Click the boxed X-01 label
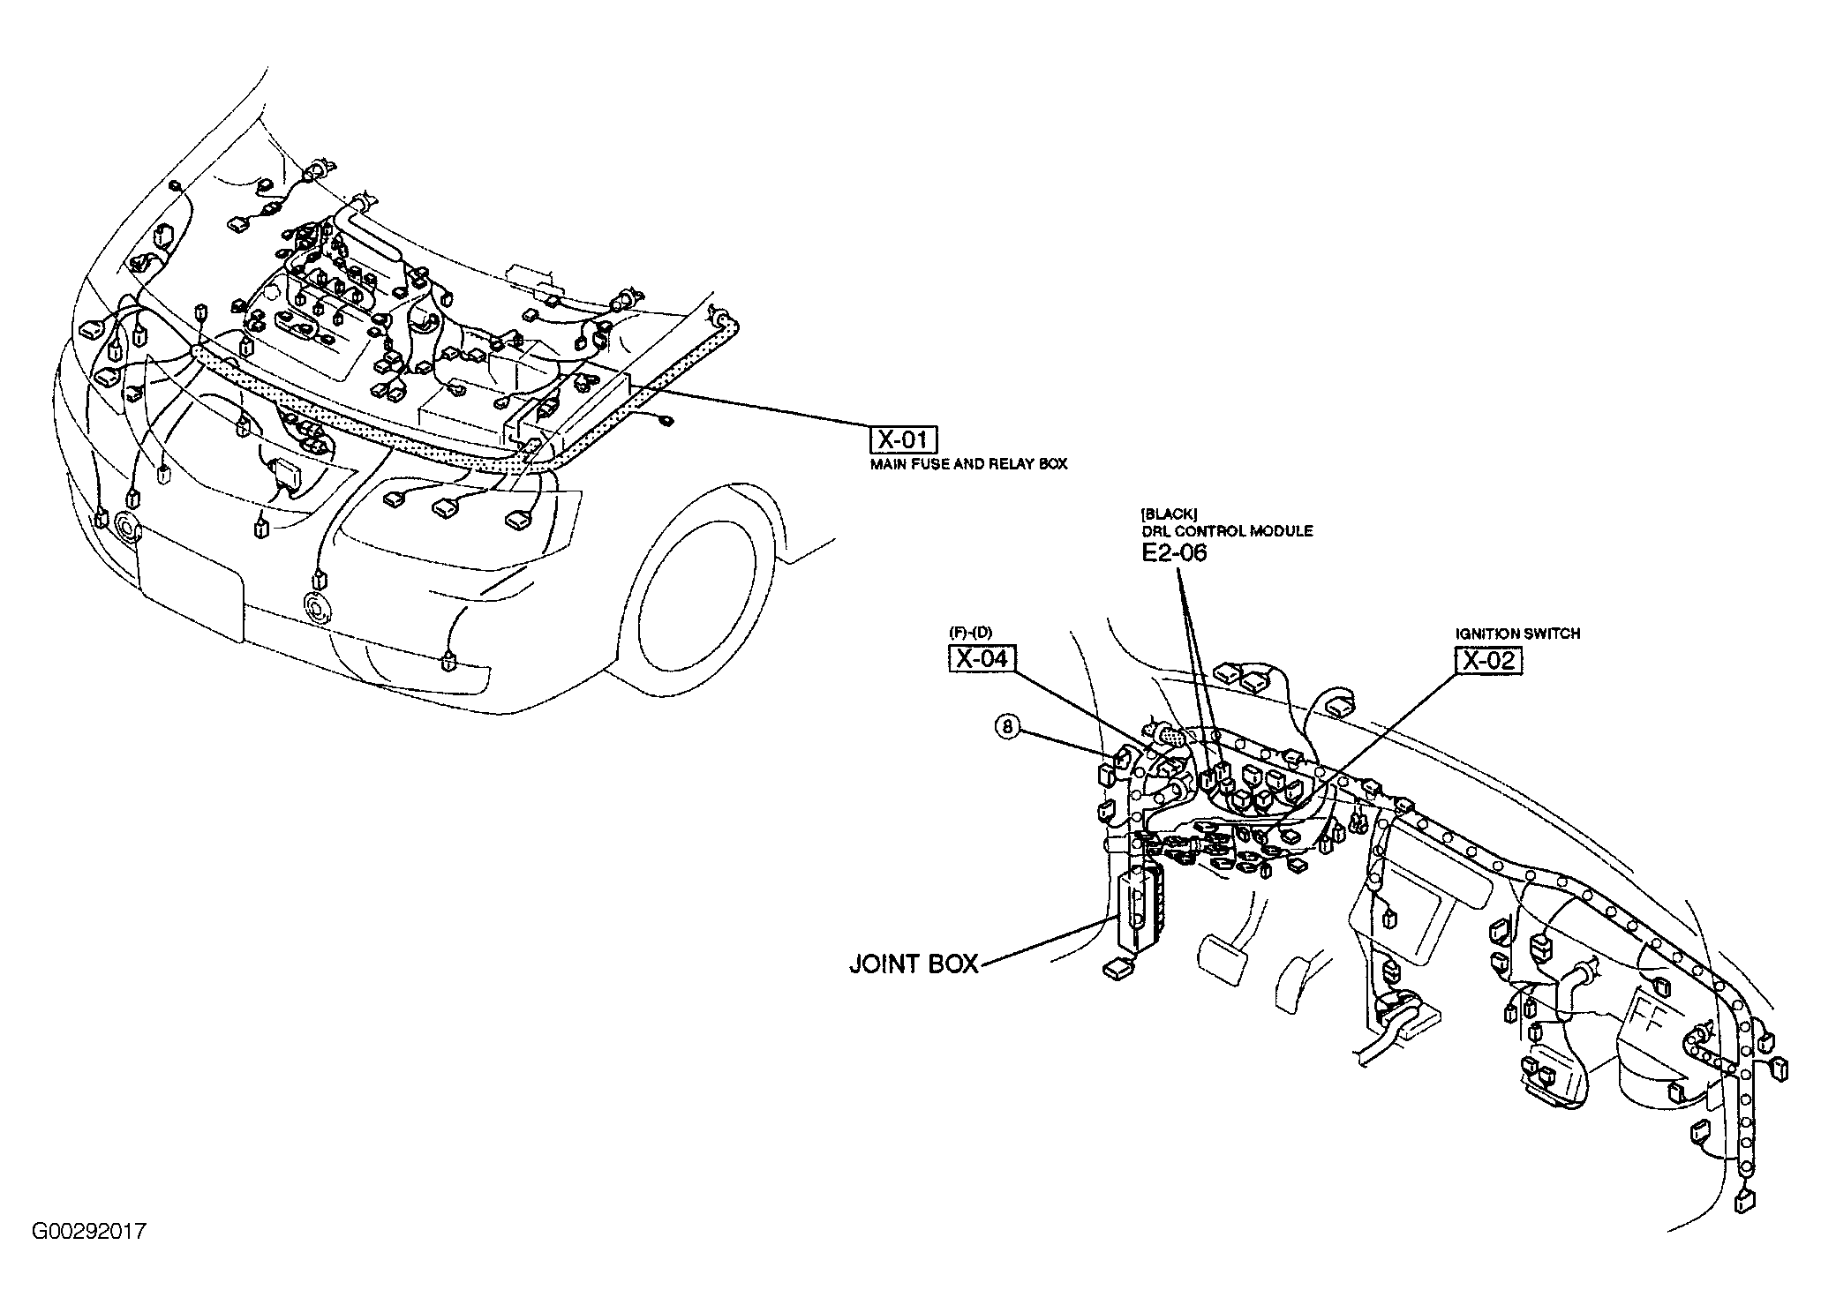tap(903, 439)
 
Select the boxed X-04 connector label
tap(981, 658)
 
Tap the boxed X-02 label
tap(1489, 661)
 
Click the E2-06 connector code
tap(1173, 553)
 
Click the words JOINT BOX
tap(914, 964)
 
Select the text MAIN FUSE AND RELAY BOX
tap(968, 464)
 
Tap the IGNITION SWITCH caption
tap(1517, 634)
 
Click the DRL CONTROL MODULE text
tap(1226, 531)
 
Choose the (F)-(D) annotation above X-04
tap(971, 634)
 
